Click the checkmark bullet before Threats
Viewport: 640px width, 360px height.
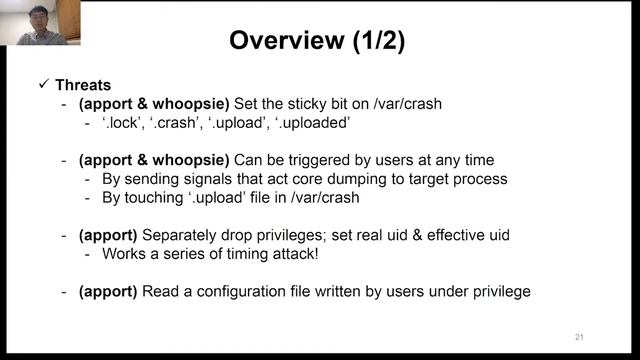43,85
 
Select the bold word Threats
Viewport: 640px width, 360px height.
85,85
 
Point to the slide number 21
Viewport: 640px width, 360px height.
579,335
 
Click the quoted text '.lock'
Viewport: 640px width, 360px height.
121,124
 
